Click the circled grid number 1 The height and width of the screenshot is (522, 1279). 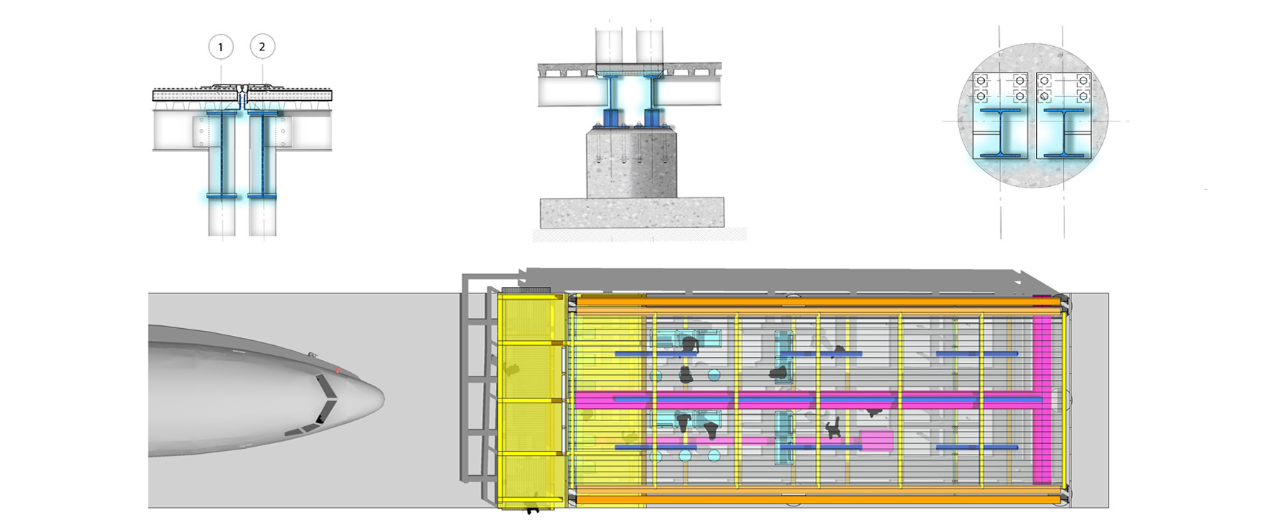coord(220,47)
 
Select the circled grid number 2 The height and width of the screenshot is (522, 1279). coord(262,47)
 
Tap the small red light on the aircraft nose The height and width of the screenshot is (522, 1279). coord(338,371)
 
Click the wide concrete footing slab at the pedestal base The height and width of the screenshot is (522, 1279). coord(632,213)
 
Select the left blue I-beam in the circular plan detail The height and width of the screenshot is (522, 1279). coord(1000,133)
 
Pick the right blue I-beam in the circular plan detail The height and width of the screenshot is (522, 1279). coord(1064,133)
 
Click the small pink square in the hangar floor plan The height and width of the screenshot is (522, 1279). coord(876,440)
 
